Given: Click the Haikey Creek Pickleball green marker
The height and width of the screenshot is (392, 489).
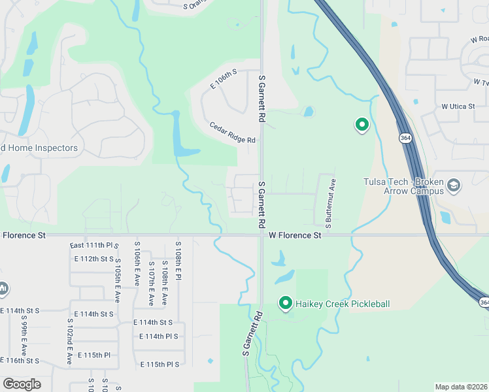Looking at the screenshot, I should pos(285,303).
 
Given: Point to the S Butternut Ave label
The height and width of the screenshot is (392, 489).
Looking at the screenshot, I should pos(330,203).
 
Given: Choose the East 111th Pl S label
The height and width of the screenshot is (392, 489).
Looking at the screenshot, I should pos(94,245).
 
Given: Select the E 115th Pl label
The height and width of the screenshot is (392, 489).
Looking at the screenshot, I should pos(94,355).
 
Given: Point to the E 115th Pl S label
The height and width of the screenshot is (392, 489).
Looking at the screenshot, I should pos(160,364).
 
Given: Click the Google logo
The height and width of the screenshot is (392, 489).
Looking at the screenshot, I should pos(22,384).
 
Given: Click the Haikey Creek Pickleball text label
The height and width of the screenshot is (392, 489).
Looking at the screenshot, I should pos(343,304).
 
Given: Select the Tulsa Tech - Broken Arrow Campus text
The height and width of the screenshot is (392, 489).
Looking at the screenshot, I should pos(405,186).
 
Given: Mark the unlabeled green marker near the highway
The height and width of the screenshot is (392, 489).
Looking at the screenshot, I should pos(362,124).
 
